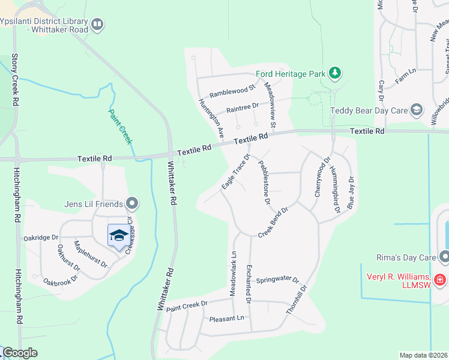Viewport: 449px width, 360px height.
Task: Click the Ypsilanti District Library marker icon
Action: click(97, 25)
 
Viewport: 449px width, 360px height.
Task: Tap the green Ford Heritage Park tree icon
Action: click(335, 74)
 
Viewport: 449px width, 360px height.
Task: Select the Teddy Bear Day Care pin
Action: click(416, 110)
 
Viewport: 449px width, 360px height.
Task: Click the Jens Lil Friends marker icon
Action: click(132, 204)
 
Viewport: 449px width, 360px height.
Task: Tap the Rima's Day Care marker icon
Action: click(444, 257)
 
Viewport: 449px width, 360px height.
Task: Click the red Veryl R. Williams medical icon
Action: click(440, 280)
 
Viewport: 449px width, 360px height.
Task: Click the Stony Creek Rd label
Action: click(15, 82)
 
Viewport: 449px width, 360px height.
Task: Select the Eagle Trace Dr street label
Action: click(235, 172)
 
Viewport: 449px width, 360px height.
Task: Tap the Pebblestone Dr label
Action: click(264, 182)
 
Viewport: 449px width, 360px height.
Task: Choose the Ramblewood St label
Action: click(232, 91)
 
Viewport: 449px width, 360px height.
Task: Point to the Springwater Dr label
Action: click(277, 280)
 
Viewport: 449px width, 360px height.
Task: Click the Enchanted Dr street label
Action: click(247, 283)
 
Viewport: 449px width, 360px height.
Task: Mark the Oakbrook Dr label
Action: click(60, 280)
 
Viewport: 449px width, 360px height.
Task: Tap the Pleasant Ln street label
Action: click(227, 318)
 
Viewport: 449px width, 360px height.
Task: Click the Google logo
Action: click(20, 353)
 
